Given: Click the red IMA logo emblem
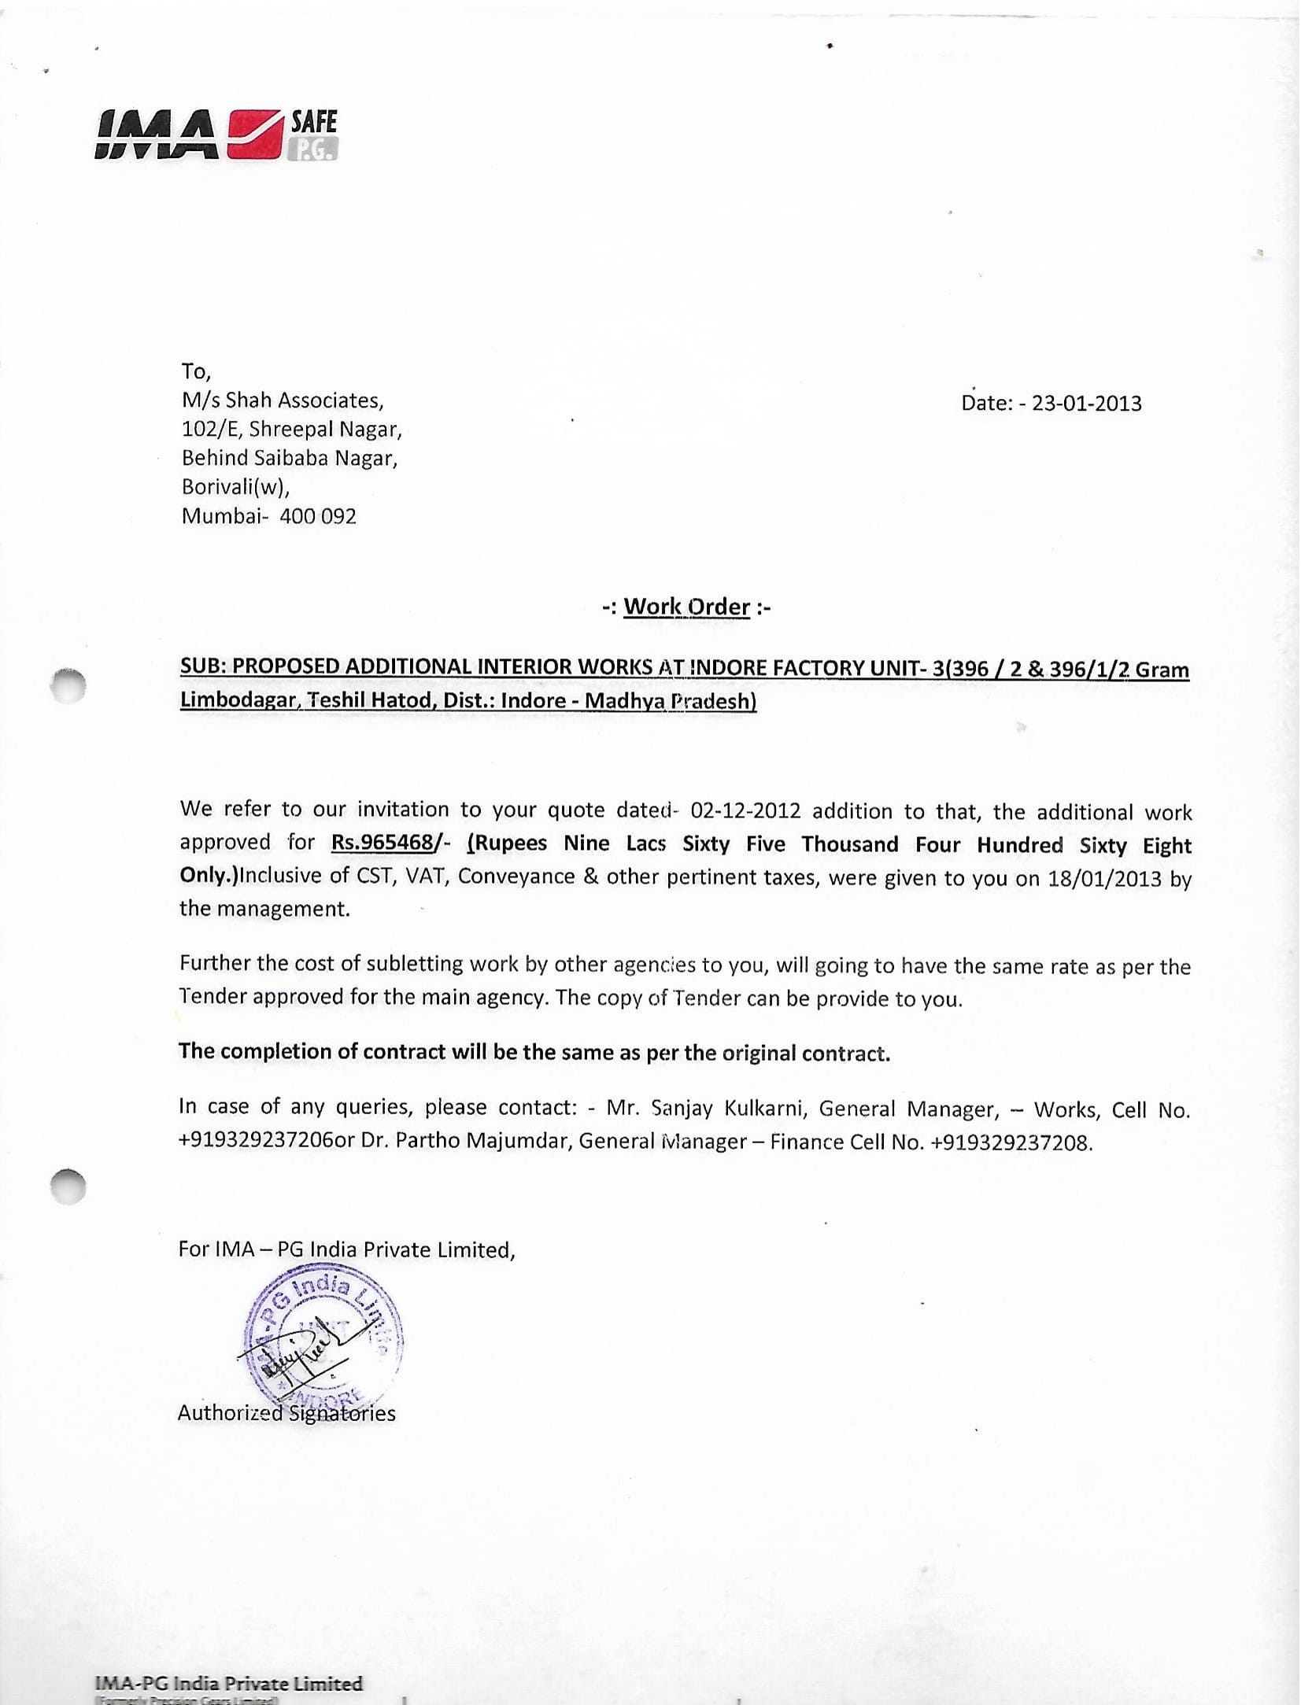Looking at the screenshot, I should coord(256,135).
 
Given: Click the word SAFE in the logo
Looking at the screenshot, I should coord(313,121).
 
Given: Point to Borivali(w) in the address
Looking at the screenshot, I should coord(235,487).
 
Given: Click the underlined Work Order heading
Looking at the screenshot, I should coord(686,607).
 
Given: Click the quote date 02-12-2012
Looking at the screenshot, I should coord(745,810).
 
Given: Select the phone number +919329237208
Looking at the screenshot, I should coord(1011,1142).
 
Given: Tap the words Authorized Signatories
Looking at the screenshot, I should coord(286,1413).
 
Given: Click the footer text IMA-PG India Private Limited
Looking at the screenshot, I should coord(228,1684).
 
